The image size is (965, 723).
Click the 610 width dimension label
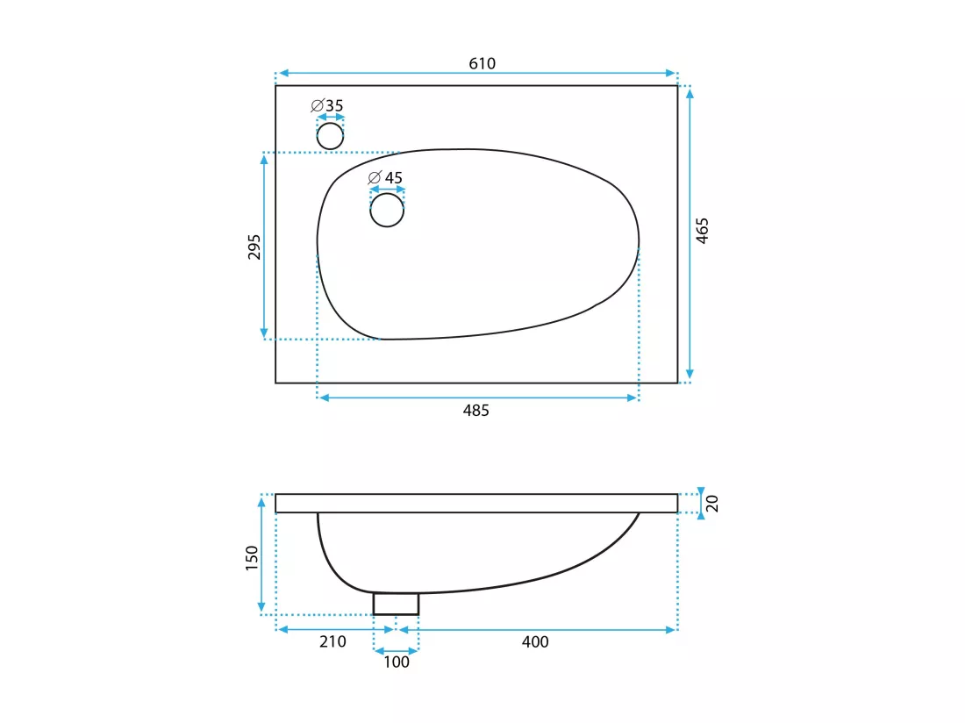482,63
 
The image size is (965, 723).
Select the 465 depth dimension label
702,231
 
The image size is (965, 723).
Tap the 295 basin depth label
254,247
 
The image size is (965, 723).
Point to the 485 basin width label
475,411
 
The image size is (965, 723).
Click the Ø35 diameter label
327,106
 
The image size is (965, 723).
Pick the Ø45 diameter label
385,178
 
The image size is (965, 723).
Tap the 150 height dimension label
252,558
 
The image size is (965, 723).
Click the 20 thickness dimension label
712,504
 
